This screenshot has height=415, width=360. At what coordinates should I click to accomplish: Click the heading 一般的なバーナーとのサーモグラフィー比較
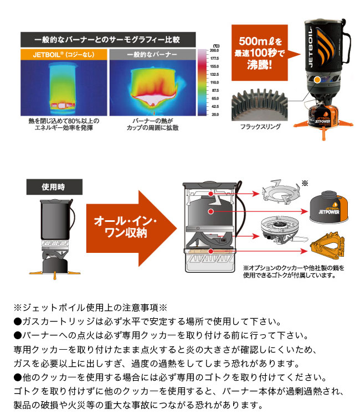pos(107,40)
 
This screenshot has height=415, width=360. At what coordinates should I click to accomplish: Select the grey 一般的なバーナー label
pos(151,55)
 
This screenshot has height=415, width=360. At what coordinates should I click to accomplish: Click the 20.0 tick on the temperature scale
pos(215,114)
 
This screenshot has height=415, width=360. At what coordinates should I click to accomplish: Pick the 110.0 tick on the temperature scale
pos(215,81)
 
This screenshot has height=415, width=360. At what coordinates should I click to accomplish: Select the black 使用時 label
pos(53,186)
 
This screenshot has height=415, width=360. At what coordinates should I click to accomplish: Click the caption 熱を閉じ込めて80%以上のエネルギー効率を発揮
pos(63,124)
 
